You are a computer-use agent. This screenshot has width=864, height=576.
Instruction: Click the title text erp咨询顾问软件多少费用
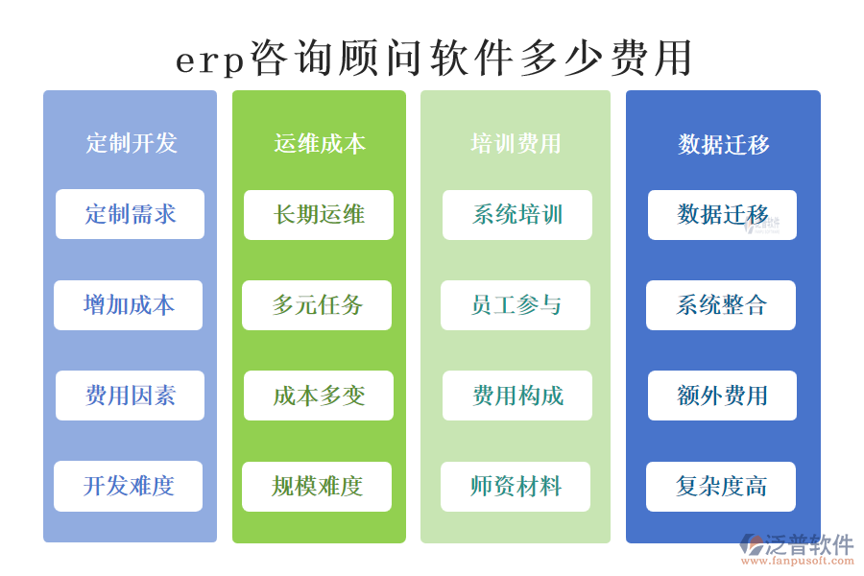point(434,59)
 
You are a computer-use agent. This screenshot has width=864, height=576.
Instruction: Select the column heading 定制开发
point(132,144)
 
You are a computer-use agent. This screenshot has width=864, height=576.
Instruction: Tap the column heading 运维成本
point(320,144)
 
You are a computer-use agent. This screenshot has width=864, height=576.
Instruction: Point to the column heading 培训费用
point(516,144)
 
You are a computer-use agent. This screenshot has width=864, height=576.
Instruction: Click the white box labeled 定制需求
point(130,214)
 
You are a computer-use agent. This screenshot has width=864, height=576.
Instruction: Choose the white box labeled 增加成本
point(129,305)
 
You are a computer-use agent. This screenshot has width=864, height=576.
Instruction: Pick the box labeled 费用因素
point(130,396)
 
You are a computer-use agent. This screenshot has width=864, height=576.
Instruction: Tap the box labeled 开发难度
point(129,487)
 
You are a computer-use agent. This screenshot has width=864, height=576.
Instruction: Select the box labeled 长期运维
point(319,214)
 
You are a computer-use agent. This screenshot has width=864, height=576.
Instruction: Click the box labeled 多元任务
point(317,305)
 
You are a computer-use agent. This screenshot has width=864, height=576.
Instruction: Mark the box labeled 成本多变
point(319,396)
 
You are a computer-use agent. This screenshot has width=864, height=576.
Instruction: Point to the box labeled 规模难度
point(317,487)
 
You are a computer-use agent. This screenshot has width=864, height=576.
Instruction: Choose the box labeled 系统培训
point(517,214)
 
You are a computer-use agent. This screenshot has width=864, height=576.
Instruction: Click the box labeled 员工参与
point(516,305)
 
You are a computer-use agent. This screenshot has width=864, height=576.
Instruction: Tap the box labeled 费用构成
point(517,396)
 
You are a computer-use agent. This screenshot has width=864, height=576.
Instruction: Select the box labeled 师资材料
point(516,487)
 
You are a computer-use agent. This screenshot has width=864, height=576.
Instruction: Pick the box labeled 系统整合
point(721,305)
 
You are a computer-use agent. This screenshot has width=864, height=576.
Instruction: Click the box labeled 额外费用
point(722,396)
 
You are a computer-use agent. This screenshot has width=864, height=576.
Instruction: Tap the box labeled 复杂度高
point(721,487)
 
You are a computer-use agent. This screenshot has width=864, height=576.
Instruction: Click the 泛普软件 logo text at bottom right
point(809,544)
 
